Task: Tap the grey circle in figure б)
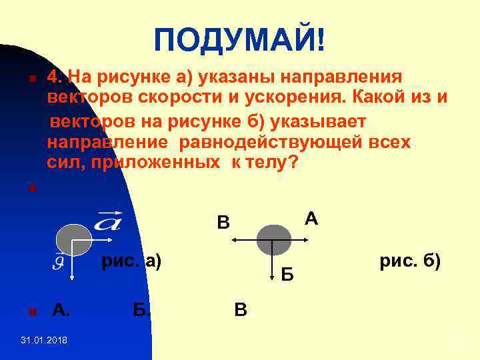(273, 240)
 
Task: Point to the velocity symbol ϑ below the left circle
(59, 262)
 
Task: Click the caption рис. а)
(131, 261)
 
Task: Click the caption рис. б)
(409, 261)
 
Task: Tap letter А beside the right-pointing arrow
(310, 218)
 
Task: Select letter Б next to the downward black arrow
(287, 273)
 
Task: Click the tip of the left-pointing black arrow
(235, 240)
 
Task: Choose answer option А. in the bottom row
(61, 309)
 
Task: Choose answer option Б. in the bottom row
(141, 309)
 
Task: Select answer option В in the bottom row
(240, 309)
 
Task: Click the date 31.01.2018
(43, 341)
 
